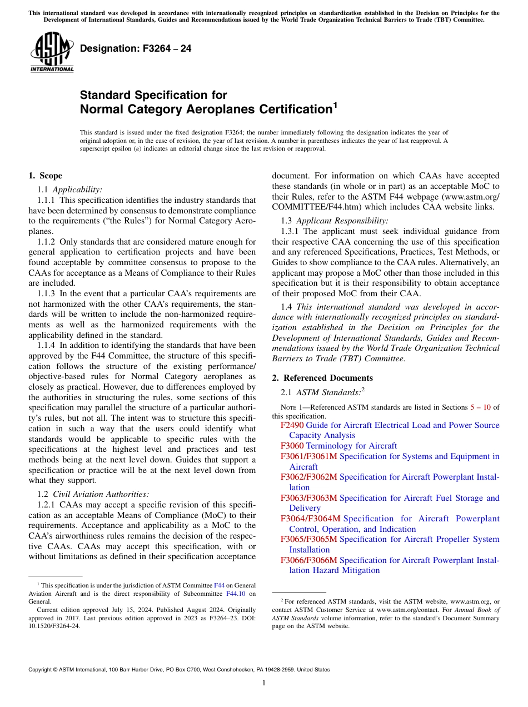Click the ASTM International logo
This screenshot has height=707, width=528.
pyautogui.click(x=52, y=53)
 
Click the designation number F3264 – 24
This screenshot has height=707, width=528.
pyautogui.click(x=136, y=49)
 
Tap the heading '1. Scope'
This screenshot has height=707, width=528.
pyautogui.click(x=45, y=176)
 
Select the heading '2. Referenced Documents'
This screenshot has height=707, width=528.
pyautogui.click(x=322, y=378)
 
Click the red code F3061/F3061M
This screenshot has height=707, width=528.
pyautogui.click(x=308, y=456)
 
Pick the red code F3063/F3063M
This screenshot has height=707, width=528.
pyautogui.click(x=308, y=498)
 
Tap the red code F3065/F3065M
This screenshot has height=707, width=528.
pyautogui.click(x=308, y=539)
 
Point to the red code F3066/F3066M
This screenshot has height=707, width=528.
pyautogui.click(x=308, y=560)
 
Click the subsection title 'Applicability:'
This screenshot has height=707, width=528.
pyautogui.click(x=77, y=190)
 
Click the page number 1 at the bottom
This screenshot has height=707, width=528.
pyautogui.click(x=264, y=683)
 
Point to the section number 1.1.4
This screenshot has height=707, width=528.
pyautogui.click(x=47, y=345)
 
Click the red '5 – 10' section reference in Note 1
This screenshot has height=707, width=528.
pyautogui.click(x=480, y=407)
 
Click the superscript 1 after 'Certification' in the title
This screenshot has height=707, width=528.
pyautogui.click(x=335, y=104)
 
